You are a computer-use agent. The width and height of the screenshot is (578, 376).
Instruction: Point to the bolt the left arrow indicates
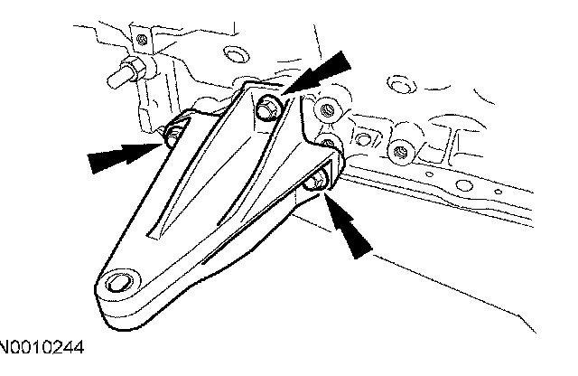[x=172, y=135]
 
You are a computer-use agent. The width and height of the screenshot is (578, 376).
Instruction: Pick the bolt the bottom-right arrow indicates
[x=314, y=183]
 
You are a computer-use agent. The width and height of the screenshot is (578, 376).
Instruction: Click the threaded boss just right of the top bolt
[x=328, y=112]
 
